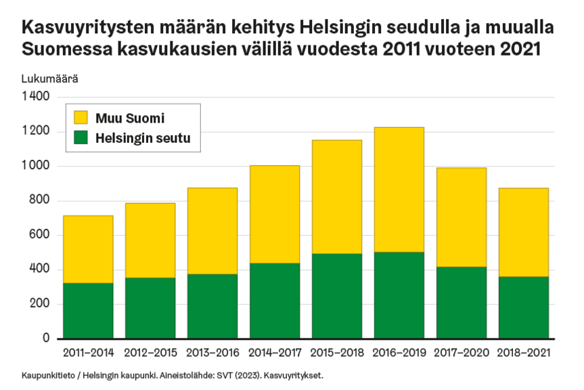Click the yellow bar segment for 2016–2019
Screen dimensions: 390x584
pos(399,190)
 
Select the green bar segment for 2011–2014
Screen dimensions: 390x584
pos(88,311)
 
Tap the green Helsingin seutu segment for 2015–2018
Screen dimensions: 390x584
pos(337,296)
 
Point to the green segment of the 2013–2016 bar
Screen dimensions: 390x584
pos(212,306)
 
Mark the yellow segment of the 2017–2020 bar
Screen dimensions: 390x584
pos(462,217)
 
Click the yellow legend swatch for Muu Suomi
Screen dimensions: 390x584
pos(81,118)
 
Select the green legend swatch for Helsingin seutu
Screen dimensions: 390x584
pos(81,138)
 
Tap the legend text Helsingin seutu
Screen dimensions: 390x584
pos(143,138)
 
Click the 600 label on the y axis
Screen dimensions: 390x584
pos(41,235)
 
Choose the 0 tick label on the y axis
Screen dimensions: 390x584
pos(46,339)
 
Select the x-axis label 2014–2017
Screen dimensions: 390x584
pos(275,353)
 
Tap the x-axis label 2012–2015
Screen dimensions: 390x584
pos(150,353)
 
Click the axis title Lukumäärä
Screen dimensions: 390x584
pos(49,79)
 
